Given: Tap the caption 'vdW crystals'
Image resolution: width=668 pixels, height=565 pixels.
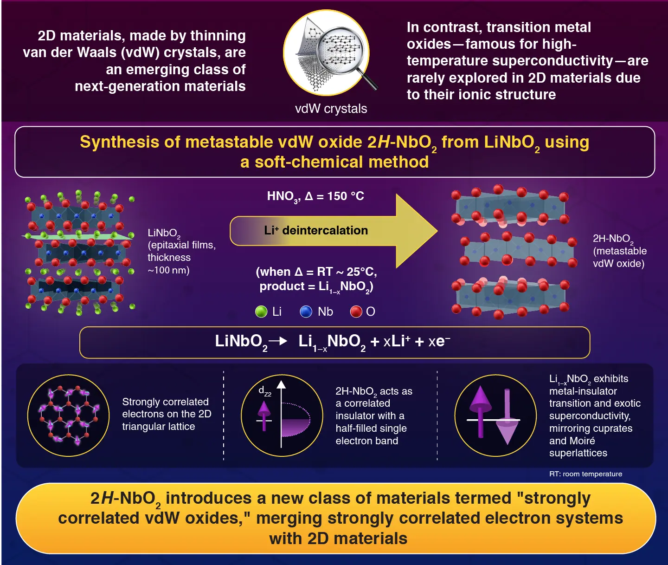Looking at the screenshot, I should pyautogui.click(x=331, y=109).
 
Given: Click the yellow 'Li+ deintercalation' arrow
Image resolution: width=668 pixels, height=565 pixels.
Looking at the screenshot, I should pyautogui.click(x=325, y=231).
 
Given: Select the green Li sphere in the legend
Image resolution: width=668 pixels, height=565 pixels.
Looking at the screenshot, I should pyautogui.click(x=261, y=312).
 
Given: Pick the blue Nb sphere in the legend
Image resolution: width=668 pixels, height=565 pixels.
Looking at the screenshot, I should pyautogui.click(x=306, y=312).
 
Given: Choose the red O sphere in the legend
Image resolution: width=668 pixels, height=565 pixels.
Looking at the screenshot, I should pyautogui.click(x=356, y=312).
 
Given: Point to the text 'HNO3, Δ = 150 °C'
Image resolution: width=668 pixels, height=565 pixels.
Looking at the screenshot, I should pyautogui.click(x=315, y=196).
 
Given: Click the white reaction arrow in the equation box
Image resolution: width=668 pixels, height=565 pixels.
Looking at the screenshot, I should pyautogui.click(x=278, y=341).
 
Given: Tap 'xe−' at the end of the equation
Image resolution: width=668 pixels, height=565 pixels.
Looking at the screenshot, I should pyautogui.click(x=439, y=342).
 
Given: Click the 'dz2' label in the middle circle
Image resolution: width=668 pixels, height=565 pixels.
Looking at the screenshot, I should pyautogui.click(x=265, y=391).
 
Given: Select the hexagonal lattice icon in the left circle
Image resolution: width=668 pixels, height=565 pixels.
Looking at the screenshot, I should pyautogui.click(x=69, y=416).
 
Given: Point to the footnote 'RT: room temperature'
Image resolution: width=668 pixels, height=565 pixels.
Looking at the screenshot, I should pyautogui.click(x=585, y=474).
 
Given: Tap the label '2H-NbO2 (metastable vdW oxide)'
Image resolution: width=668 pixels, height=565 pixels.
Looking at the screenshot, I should pyautogui.click(x=619, y=251).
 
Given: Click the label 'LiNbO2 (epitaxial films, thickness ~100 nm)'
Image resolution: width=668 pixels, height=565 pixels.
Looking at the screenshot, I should pyautogui.click(x=181, y=251).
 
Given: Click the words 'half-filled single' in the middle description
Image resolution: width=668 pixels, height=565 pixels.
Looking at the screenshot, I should pyautogui.click(x=371, y=428).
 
